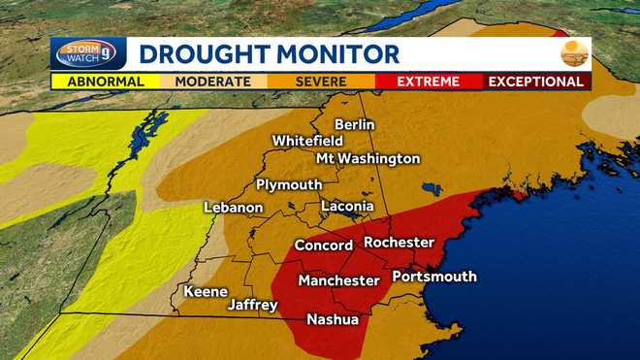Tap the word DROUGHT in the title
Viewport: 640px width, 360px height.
[x=199, y=54]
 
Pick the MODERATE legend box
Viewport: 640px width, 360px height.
[x=213, y=82]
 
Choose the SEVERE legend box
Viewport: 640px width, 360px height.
[x=321, y=82]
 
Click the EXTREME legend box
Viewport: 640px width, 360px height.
[x=428, y=82]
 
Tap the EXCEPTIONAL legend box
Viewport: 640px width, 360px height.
[x=536, y=82]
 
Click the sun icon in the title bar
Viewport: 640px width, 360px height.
[x=574, y=53]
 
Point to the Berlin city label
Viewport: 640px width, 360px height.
[x=354, y=124]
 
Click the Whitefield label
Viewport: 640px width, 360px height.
[x=307, y=141]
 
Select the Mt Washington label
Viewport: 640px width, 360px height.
[x=368, y=158]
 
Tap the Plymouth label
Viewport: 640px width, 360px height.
[x=289, y=184]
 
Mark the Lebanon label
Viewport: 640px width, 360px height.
[x=234, y=207]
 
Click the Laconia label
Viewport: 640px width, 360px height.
[x=347, y=206]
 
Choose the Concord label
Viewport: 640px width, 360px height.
[x=323, y=245]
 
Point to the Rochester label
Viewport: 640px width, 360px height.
[x=399, y=242]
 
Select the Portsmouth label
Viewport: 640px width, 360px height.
[x=434, y=277]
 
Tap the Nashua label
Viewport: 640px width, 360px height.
[x=333, y=319]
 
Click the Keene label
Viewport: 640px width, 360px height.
[x=206, y=291]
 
